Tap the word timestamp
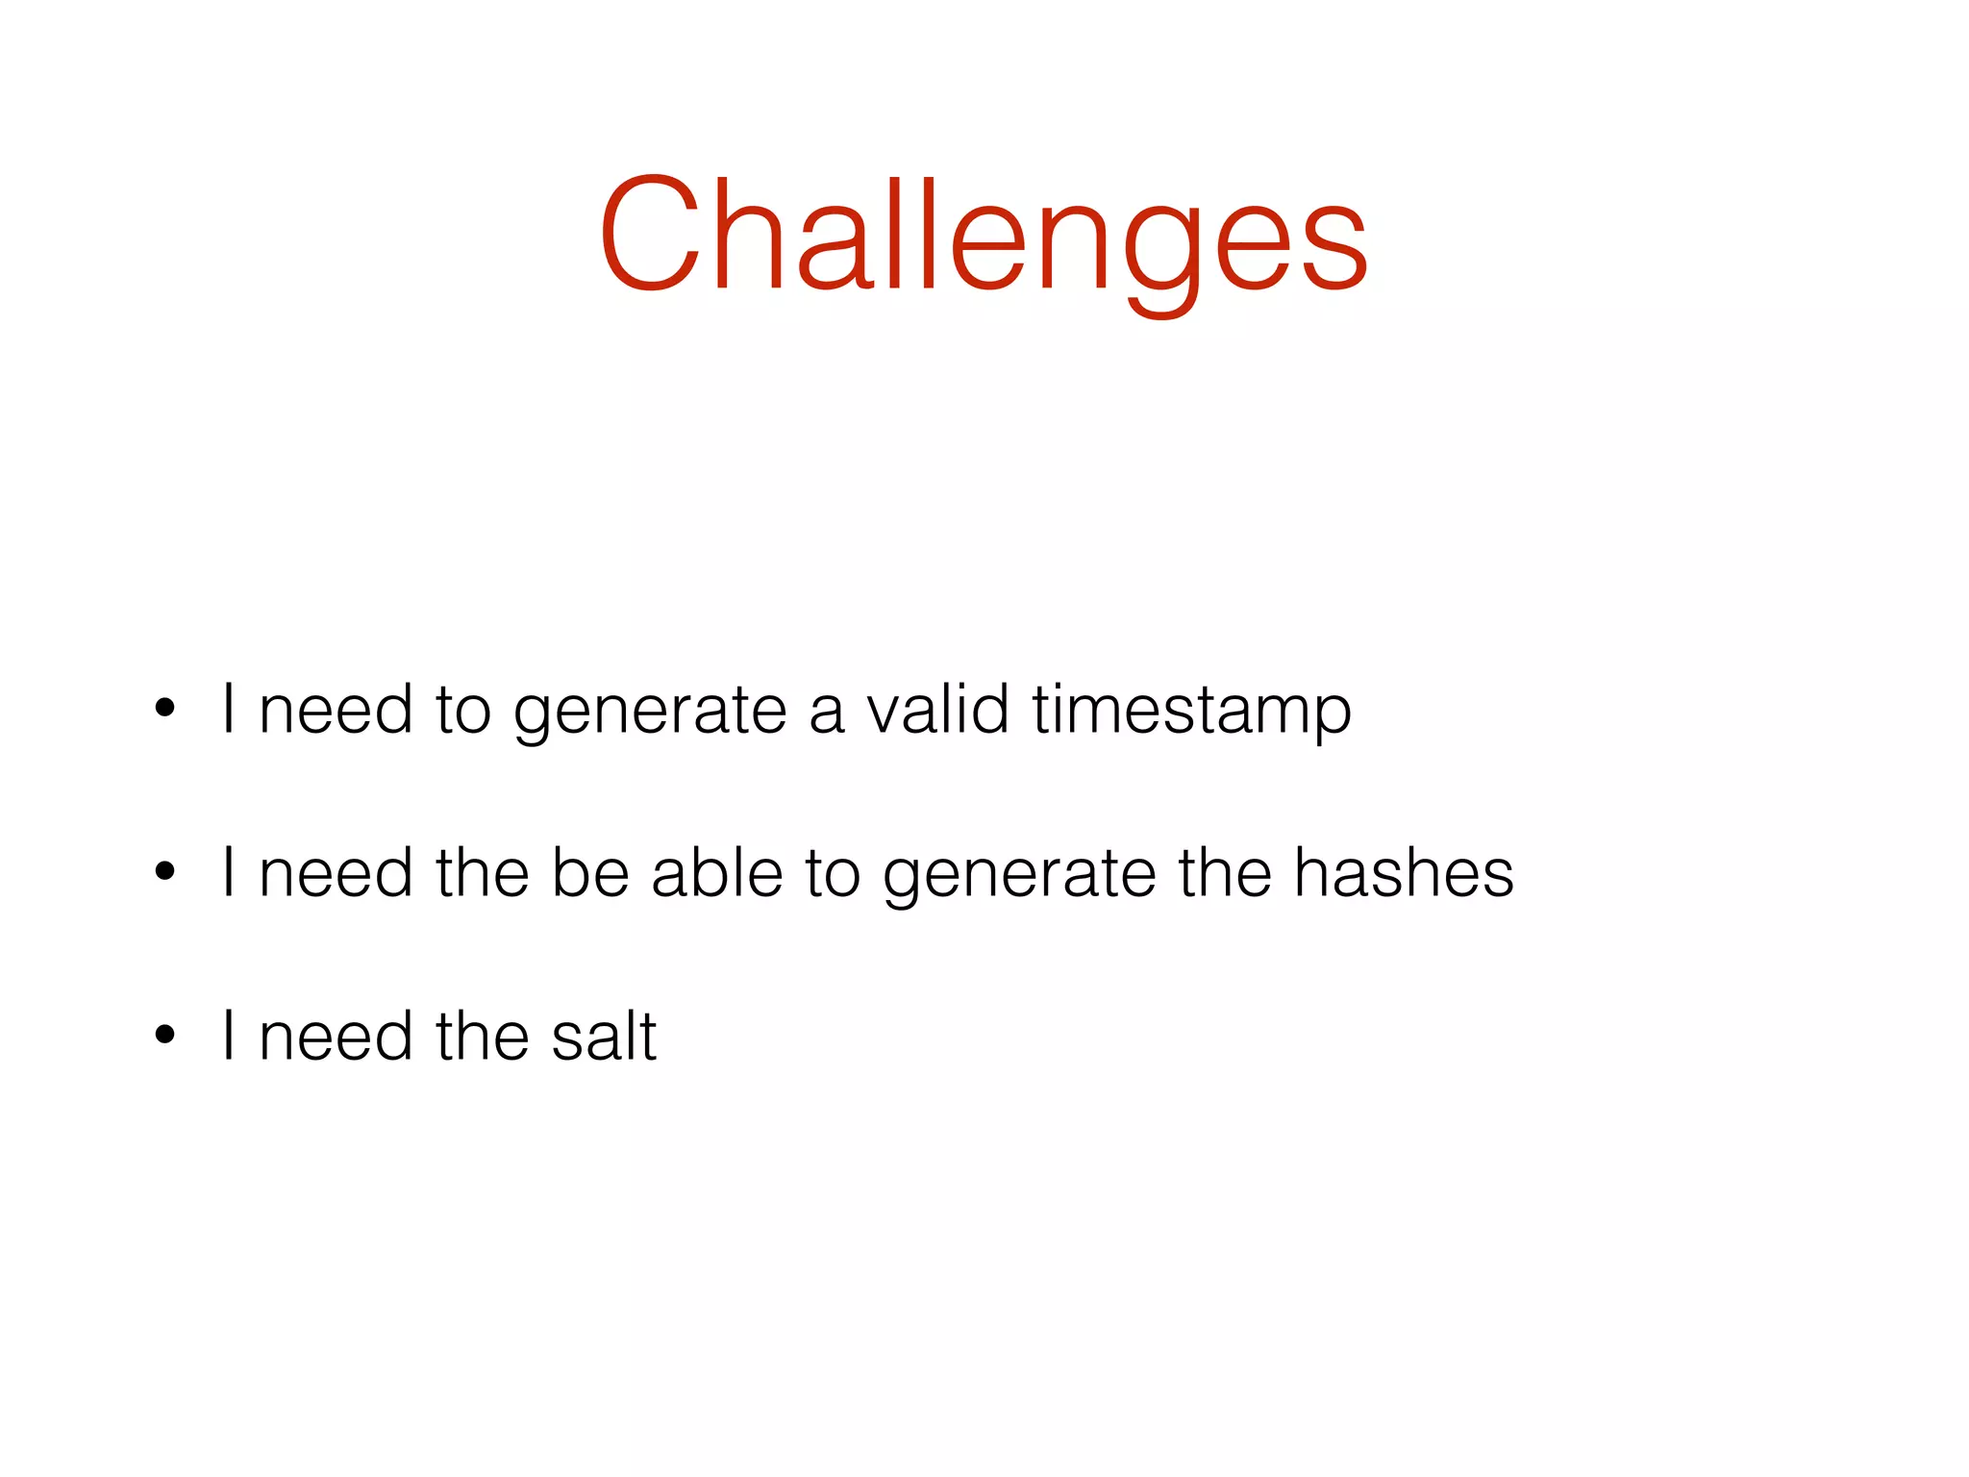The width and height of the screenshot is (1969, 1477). click(x=1191, y=711)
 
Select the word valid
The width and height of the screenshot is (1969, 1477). click(x=937, y=709)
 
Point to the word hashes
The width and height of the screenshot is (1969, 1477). click(x=1403, y=873)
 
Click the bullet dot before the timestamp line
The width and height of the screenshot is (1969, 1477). click(x=165, y=709)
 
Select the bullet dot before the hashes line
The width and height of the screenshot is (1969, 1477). click(x=165, y=872)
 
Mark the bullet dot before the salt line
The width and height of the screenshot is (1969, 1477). click(x=165, y=1036)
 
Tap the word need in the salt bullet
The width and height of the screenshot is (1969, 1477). click(x=336, y=1037)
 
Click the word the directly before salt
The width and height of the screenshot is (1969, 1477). click(x=482, y=1037)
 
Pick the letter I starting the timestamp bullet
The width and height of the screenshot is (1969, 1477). click(x=229, y=709)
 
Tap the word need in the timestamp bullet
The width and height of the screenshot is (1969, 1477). click(x=336, y=710)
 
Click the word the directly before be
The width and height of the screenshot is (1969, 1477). click(x=482, y=873)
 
